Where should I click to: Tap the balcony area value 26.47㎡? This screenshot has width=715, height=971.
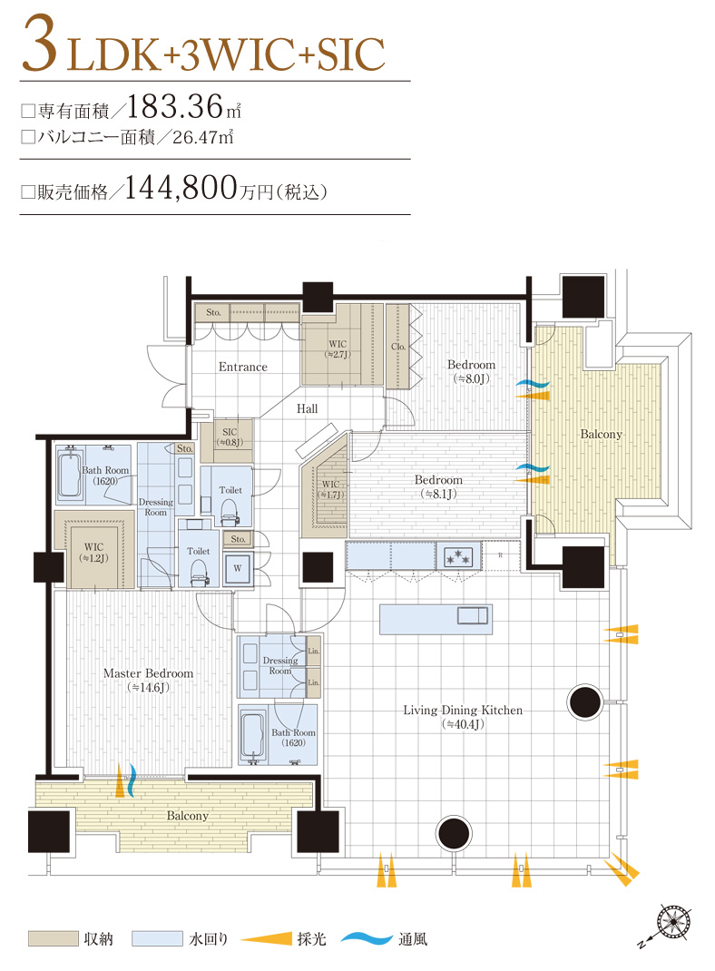(x=202, y=138)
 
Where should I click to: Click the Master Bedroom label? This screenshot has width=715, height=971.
(x=148, y=680)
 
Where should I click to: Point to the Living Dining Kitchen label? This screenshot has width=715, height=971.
(x=463, y=716)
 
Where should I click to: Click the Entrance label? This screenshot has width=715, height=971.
(x=242, y=367)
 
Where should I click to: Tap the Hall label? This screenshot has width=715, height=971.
(x=307, y=409)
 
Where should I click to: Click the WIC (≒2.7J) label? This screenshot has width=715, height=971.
(x=337, y=349)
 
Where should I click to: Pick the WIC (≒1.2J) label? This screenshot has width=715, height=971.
(x=93, y=553)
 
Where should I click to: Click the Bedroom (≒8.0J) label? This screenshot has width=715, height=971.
(x=471, y=371)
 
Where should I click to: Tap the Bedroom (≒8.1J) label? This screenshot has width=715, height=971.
(x=438, y=485)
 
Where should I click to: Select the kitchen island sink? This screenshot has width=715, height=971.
(x=473, y=617)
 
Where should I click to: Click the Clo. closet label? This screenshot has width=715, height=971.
(x=397, y=346)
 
